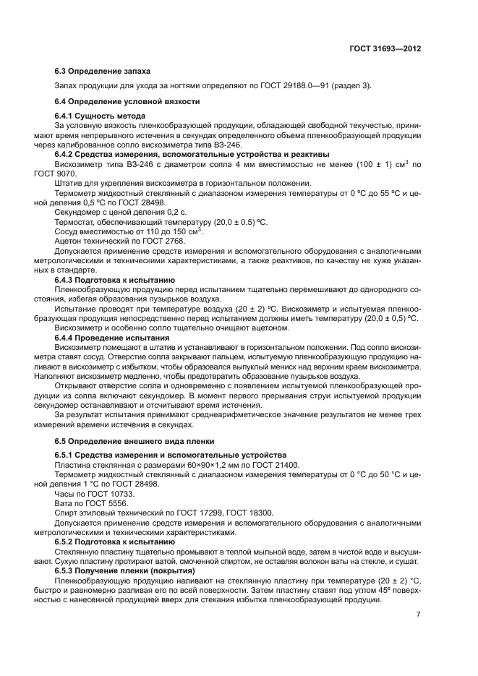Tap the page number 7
click(x=418, y=614)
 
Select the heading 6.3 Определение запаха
click(x=93, y=72)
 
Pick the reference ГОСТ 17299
click(x=190, y=513)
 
